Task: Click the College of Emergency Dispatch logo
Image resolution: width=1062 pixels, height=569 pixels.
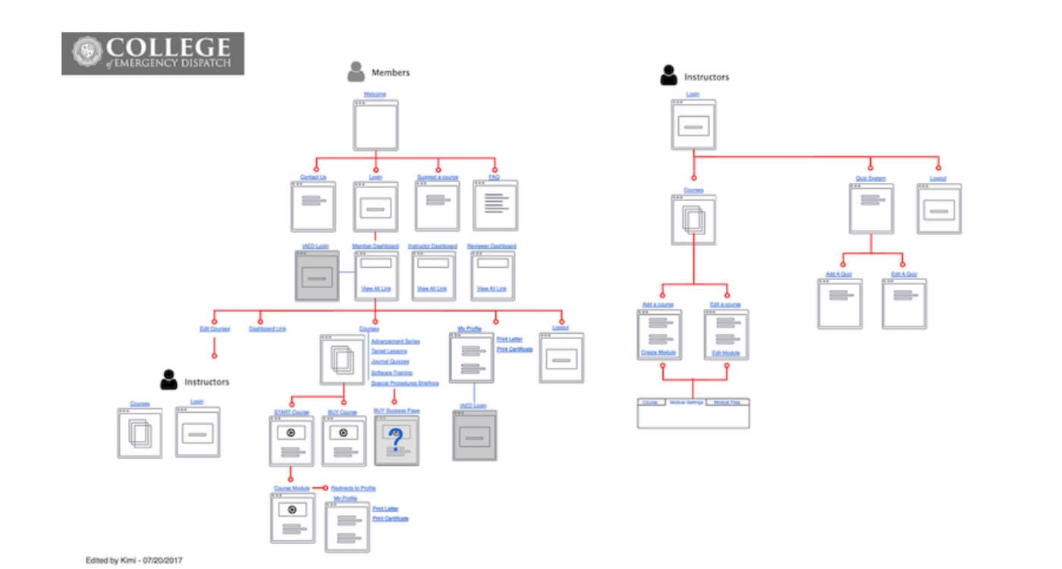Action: tap(152, 53)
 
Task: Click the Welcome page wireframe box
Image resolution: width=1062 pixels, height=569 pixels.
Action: tap(375, 125)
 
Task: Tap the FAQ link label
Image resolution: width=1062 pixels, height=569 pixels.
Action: tap(494, 177)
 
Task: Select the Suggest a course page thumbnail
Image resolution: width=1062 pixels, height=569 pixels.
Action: tap(438, 206)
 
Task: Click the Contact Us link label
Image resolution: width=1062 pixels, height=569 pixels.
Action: tap(313, 177)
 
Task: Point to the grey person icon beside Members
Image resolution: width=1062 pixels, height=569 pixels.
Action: tap(356, 72)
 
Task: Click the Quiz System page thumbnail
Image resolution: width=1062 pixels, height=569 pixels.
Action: tap(870, 208)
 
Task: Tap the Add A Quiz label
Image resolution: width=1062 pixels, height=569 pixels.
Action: tap(839, 274)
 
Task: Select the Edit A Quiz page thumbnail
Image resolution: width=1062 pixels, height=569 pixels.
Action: tap(903, 303)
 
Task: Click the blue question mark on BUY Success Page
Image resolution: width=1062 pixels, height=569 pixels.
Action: tap(394, 439)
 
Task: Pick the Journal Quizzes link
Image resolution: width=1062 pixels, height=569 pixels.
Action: tap(389, 362)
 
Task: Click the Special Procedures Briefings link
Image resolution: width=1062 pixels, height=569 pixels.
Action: tap(404, 383)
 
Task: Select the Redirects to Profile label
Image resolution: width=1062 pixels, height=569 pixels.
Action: tap(353, 488)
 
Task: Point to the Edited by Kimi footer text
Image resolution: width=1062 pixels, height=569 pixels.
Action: tap(134, 560)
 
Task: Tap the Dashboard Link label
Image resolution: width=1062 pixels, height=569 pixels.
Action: tap(267, 329)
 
